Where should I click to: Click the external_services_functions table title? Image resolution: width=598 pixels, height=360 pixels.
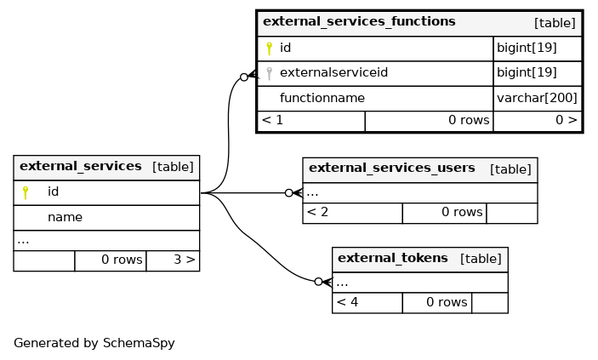[x=359, y=22]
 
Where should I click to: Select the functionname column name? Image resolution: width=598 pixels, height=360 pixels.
[x=322, y=98]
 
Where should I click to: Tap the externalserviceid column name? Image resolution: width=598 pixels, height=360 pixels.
[x=333, y=72]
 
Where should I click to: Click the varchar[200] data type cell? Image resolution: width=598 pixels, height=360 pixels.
[x=537, y=98]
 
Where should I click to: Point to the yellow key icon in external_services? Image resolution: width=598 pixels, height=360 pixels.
[x=26, y=192]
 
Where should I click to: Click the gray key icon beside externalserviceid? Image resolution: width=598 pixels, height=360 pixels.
[x=270, y=73]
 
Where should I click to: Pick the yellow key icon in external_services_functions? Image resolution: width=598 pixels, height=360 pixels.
[x=270, y=49]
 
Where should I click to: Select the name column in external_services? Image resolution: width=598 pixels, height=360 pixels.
[x=65, y=217]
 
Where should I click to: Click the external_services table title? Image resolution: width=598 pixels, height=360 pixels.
[x=81, y=167]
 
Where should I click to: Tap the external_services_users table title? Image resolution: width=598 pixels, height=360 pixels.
[x=392, y=169]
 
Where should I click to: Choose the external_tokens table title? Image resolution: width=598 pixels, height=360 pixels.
[x=393, y=258]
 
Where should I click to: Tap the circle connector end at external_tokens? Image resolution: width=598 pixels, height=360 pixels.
[x=318, y=282]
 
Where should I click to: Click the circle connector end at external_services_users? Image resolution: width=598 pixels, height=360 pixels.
[x=289, y=193]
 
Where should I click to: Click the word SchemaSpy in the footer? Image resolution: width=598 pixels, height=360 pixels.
[x=139, y=343]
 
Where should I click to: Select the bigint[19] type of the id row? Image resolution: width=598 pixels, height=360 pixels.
[x=527, y=48]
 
